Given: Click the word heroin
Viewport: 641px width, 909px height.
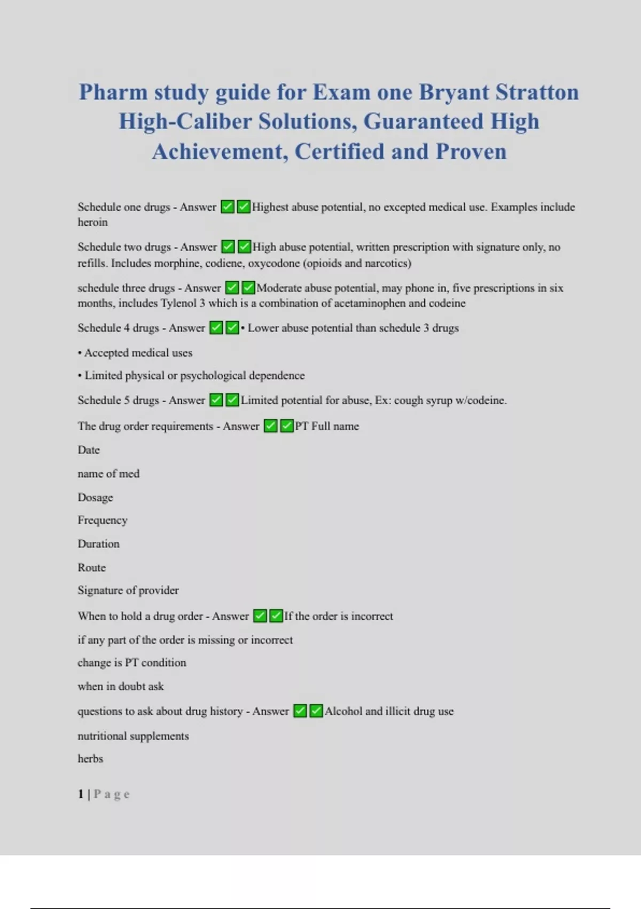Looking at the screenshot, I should [92, 222].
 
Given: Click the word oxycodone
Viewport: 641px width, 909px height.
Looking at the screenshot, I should [274, 263].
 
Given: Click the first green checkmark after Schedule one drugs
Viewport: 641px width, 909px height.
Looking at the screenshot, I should [228, 207].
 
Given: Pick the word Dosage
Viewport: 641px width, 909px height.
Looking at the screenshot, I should [95, 498].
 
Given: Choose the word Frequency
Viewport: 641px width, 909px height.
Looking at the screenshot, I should [103, 520].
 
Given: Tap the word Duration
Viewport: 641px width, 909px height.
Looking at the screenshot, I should [98, 544].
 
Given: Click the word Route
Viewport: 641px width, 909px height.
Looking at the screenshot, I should [91, 567].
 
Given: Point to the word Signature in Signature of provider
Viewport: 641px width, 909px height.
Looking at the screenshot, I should [100, 590].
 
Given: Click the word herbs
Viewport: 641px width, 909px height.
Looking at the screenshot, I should [90, 759].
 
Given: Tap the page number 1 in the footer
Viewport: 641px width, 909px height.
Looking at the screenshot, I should [81, 794].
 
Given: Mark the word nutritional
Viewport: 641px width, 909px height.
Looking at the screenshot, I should [102, 736].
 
